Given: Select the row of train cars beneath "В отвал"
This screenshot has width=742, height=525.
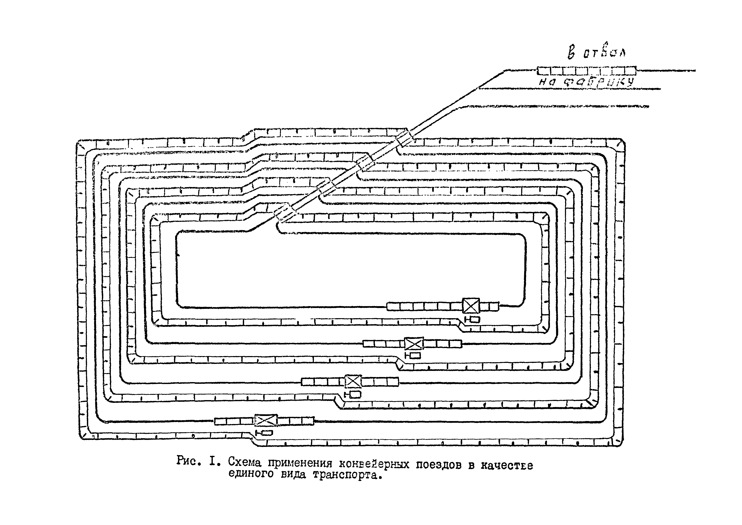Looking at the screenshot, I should (x=586, y=70).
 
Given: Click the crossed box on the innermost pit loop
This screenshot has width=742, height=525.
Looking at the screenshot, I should (x=471, y=305).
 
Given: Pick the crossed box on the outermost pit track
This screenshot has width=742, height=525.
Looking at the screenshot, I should (x=266, y=420).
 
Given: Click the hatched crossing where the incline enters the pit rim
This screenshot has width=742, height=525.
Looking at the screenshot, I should (x=405, y=137).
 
